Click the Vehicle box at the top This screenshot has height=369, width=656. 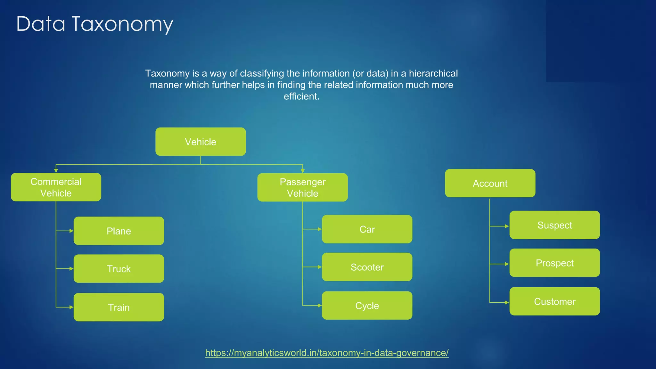tap(201, 142)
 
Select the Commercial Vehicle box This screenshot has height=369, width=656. tap(56, 187)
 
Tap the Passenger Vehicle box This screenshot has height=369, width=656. tap(302, 187)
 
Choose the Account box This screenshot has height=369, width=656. tap(490, 183)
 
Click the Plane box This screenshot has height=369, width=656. tap(119, 231)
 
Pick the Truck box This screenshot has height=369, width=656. tap(119, 269)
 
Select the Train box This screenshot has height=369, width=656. tap(119, 307)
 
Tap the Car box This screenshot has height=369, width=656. tap(367, 229)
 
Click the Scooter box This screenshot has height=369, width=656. tap(367, 267)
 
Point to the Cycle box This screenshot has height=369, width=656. tap(367, 306)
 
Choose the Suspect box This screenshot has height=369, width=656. tap(554, 225)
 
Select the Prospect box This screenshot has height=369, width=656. tap(554, 263)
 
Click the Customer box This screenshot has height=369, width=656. tap(554, 301)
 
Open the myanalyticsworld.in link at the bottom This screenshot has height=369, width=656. tap(327, 353)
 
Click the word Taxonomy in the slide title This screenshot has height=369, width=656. tap(122, 24)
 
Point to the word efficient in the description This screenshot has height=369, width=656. tap(301, 96)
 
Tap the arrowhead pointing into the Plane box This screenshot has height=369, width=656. tap(71, 231)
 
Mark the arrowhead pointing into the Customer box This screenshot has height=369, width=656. tap(507, 302)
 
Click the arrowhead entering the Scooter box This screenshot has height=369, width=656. tap(320, 267)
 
